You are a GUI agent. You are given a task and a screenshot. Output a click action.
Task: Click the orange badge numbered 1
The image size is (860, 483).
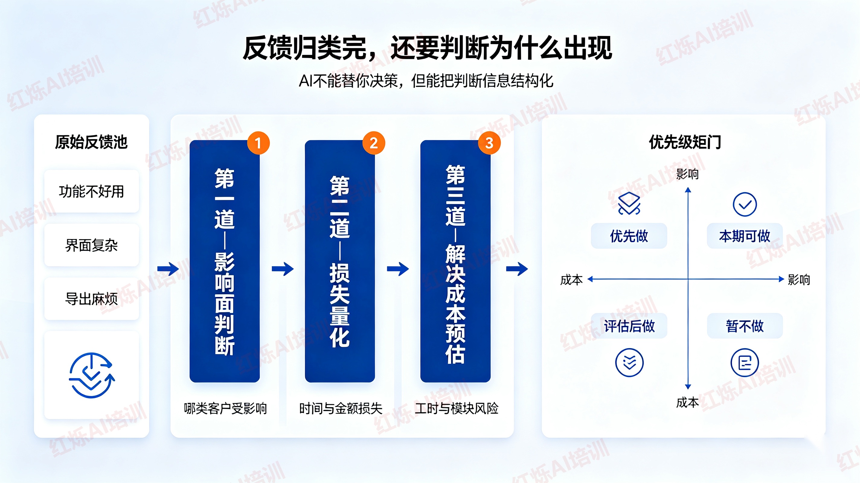coord(258,143)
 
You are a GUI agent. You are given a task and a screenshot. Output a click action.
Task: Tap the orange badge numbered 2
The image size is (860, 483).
coord(374,143)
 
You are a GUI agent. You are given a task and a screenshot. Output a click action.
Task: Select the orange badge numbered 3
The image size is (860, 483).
coord(489,143)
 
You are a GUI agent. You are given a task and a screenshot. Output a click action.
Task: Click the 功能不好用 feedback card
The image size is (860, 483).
coord(91,191)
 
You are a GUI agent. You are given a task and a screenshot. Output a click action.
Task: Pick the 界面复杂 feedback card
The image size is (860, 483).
coord(91,245)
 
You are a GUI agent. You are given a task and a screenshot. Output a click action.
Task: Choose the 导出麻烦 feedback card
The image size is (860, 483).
coord(91,299)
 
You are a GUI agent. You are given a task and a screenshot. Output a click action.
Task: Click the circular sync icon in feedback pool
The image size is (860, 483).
coord(91,375)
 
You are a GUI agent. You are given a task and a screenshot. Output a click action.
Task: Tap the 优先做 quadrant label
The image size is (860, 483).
coord(629,236)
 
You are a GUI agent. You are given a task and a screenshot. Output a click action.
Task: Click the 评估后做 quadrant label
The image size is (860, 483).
coord(629,326)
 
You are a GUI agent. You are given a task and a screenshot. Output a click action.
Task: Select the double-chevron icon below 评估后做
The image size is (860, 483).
coord(629,363)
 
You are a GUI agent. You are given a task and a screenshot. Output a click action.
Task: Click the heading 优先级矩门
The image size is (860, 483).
coord(685,142)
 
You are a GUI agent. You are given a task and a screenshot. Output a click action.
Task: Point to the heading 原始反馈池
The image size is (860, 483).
coord(91,142)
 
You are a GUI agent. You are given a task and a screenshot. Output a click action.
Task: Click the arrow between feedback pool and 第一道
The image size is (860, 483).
coord(168,269)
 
